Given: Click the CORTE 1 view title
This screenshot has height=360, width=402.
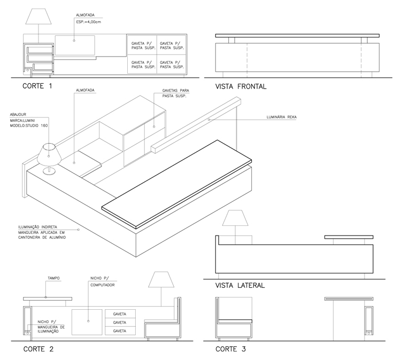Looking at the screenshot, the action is pyautogui.click(x=37, y=86).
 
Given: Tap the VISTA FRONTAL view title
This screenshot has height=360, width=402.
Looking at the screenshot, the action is pyautogui.click(x=241, y=87).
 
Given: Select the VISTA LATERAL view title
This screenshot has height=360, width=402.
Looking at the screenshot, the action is pyautogui.click(x=239, y=285).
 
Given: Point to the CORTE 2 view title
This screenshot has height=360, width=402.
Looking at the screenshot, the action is pyautogui.click(x=38, y=349).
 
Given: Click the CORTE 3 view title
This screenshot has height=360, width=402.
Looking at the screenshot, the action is pyautogui.click(x=230, y=349).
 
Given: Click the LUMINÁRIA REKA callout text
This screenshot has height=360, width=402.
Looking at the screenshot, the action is pyautogui.click(x=282, y=117).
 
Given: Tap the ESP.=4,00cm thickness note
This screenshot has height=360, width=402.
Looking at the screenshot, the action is pyautogui.click(x=88, y=22).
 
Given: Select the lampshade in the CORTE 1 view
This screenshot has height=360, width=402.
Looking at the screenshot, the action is pyautogui.click(x=38, y=17).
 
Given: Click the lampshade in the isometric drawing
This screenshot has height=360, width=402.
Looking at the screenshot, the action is pyautogui.click(x=49, y=154).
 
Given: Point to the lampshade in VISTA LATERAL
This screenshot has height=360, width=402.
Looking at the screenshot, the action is pyautogui.click(x=235, y=218).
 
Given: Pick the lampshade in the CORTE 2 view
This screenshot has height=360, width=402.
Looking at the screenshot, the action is pyautogui.click(x=161, y=279).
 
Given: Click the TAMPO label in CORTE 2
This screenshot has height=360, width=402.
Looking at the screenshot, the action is pyautogui.click(x=53, y=278).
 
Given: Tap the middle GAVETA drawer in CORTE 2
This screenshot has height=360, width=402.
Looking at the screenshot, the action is pyautogui.click(x=120, y=322).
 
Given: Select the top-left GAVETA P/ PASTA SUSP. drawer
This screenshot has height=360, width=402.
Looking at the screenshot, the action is pyautogui.click(x=142, y=45).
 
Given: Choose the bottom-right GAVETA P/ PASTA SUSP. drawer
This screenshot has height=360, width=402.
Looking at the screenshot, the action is pyautogui.click(x=172, y=64).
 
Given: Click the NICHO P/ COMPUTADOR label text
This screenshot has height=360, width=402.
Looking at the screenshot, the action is pyautogui.click(x=102, y=281).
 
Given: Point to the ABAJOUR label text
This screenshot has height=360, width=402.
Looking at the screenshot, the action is pyautogui.click(x=18, y=114).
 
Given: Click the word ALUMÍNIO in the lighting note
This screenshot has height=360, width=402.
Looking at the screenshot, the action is pyautogui.click(x=56, y=238).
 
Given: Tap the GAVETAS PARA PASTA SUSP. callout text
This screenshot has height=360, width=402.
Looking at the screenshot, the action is pyautogui.click(x=176, y=93).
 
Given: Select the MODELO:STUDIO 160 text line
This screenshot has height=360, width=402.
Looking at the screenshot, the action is pyautogui.click(x=29, y=126).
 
